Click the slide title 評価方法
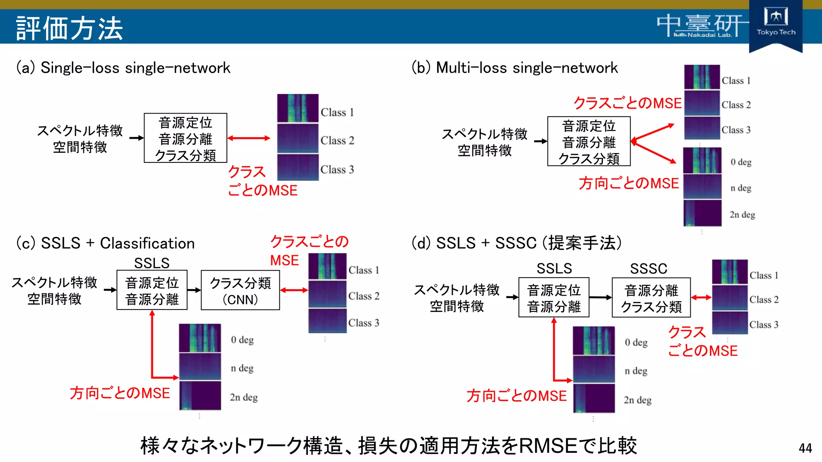point(69,28)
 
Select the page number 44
point(805,448)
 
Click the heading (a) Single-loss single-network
point(123,68)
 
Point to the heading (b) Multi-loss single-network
point(515,68)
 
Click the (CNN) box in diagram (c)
point(240,290)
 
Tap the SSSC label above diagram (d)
point(649,268)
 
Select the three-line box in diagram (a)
point(185,138)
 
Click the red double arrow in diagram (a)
point(249,138)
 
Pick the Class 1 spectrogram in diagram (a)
point(297,108)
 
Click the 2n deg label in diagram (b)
point(742,215)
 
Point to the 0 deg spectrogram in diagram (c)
point(200,338)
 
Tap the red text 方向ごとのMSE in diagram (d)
point(517,396)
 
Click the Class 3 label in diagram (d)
point(764,324)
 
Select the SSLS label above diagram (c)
point(152,263)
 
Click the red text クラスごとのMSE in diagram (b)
point(627,103)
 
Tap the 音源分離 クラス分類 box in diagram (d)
point(651,298)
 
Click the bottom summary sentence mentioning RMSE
point(389,446)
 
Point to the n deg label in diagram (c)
point(242,368)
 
